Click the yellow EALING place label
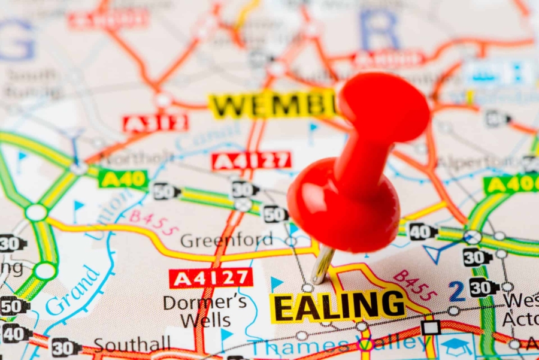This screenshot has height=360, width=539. (x=338, y=305)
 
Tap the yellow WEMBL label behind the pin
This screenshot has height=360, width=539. (x=272, y=105)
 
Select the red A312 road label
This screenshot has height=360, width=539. (x=155, y=123)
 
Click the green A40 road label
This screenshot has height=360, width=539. (x=123, y=179)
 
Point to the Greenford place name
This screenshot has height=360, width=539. (x=226, y=240)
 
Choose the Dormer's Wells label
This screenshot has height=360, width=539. (x=205, y=311)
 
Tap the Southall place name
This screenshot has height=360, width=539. (x=132, y=344)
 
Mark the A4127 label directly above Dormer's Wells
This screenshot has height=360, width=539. (x=211, y=278)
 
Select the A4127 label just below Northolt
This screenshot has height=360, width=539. (x=251, y=161)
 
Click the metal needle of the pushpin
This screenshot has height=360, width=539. (x=322, y=264)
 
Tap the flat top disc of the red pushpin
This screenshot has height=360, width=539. (x=384, y=107)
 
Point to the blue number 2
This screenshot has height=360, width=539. (x=457, y=292)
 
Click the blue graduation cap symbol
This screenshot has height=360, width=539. (x=456, y=346)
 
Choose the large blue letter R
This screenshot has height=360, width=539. (x=379, y=30)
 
